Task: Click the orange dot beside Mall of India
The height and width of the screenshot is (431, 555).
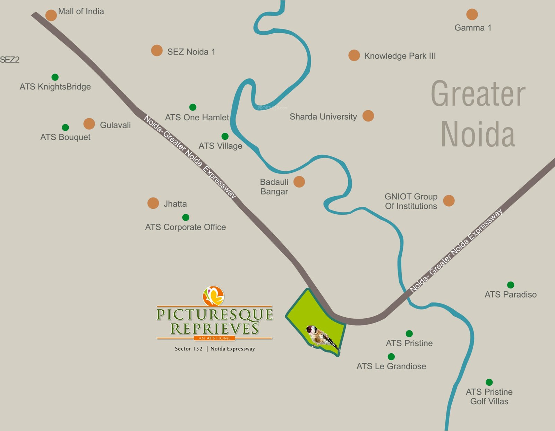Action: pyautogui.click(x=51, y=15)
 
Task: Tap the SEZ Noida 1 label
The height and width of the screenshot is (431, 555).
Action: pyautogui.click(x=191, y=52)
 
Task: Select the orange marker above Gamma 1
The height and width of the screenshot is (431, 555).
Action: pyautogui.click(x=472, y=15)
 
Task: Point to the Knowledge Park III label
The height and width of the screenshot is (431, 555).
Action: pyautogui.click(x=400, y=56)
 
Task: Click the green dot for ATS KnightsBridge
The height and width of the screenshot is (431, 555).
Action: pyautogui.click(x=55, y=77)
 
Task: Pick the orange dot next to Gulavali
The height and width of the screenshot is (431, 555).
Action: pyautogui.click(x=89, y=124)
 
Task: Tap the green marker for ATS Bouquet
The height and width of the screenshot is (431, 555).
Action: pyautogui.click(x=65, y=128)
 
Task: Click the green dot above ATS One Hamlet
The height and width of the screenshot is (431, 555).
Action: pyautogui.click(x=193, y=107)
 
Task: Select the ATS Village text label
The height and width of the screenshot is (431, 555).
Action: pyautogui.click(x=220, y=146)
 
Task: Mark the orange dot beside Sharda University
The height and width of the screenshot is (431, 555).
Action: pyautogui.click(x=368, y=116)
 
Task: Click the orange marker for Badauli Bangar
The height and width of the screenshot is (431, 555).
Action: pyautogui.click(x=299, y=182)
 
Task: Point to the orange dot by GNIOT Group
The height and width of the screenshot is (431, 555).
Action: pyautogui.click(x=449, y=200)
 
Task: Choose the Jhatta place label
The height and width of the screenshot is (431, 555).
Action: pyautogui.click(x=175, y=204)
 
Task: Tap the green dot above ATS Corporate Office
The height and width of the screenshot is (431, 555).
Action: pyautogui.click(x=186, y=217)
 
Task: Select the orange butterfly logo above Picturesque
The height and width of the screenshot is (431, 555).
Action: pyautogui.click(x=213, y=296)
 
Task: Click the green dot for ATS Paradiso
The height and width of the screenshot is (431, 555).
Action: pyautogui.click(x=510, y=285)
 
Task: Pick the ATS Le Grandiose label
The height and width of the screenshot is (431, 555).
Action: pyautogui.click(x=391, y=367)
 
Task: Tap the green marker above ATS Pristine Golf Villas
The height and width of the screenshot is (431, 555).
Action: pyautogui.click(x=489, y=382)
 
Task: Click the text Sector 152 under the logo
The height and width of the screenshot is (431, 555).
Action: pyautogui.click(x=188, y=349)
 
